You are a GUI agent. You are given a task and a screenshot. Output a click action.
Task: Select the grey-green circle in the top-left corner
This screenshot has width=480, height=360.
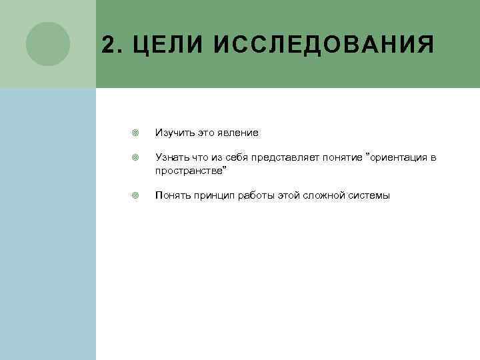coord(48,44)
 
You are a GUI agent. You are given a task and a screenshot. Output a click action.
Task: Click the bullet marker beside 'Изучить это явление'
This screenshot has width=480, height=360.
coord(135,133)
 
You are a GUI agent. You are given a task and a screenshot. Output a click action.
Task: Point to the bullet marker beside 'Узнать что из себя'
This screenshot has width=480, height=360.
coord(135,157)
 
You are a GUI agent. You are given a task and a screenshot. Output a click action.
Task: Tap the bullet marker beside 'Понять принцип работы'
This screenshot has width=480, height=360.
coord(135,195)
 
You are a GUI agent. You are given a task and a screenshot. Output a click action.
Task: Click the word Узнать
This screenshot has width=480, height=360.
coord(171,157)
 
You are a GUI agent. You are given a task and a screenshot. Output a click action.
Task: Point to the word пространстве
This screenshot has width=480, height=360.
coord(190,171)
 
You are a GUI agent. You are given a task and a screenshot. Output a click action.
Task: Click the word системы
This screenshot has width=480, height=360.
coord(372,195)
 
